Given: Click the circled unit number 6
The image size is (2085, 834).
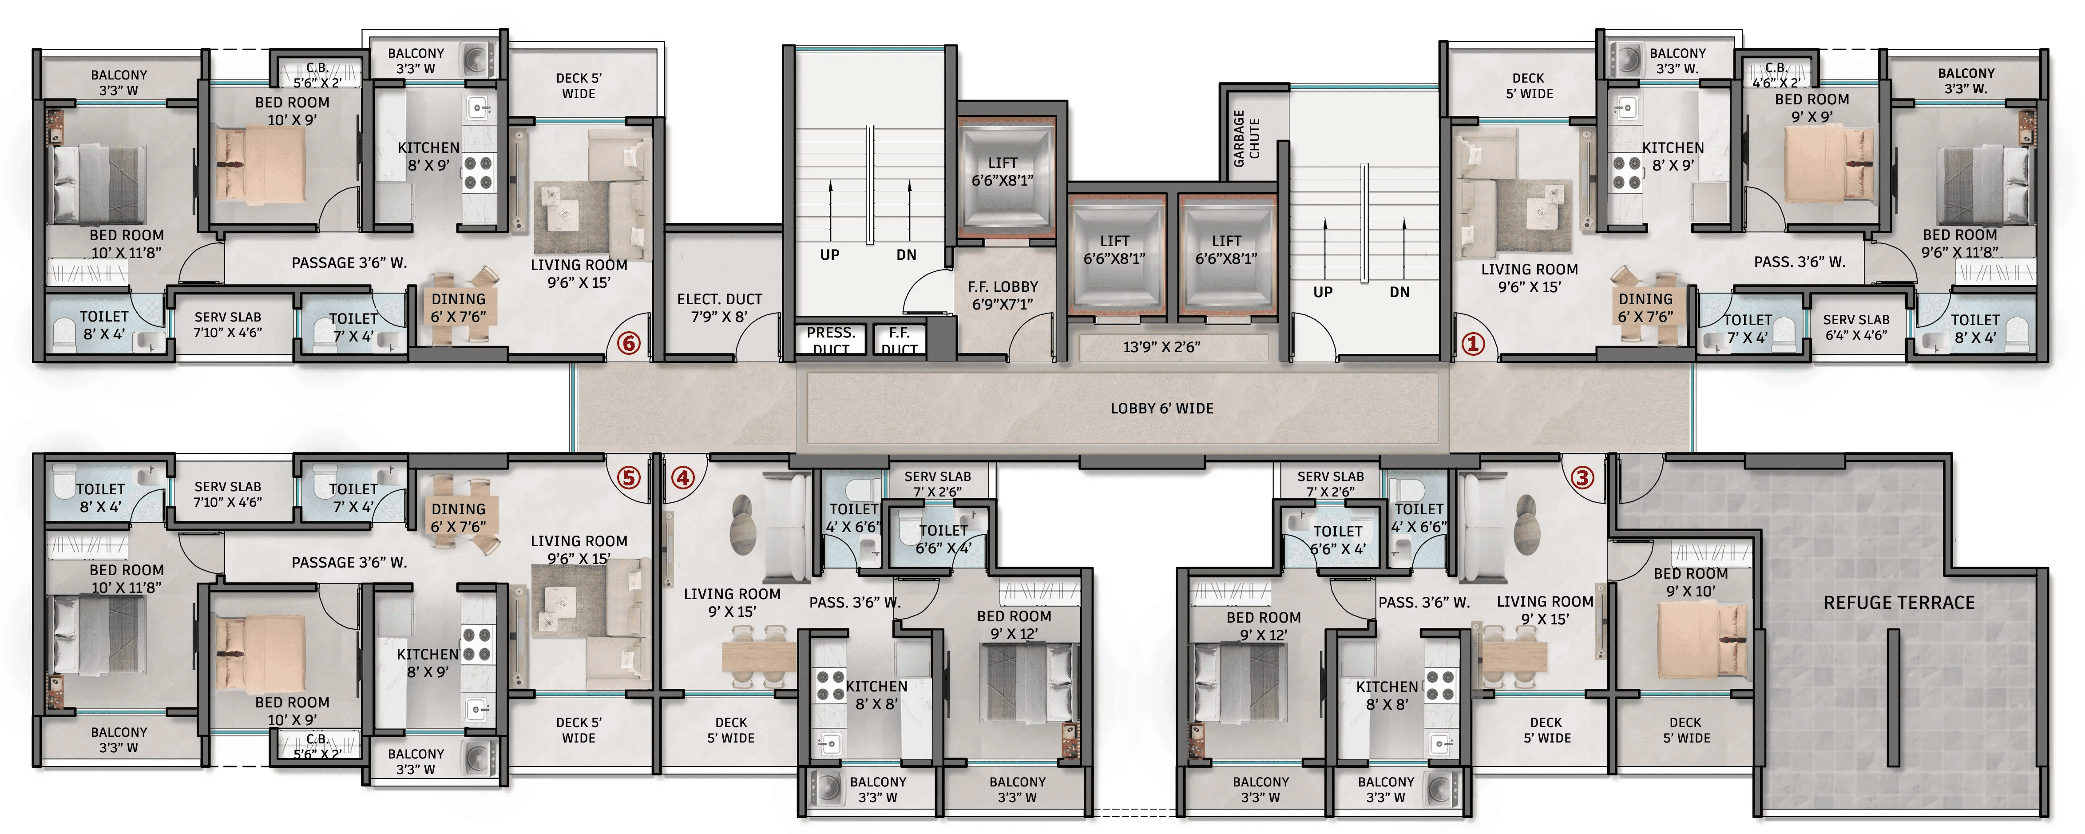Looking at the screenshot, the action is click(x=629, y=343).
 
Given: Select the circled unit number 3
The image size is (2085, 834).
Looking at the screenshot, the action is click(x=1582, y=478).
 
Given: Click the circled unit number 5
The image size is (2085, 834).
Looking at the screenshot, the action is click(x=629, y=478).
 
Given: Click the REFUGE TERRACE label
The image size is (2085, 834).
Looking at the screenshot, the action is click(x=1899, y=603).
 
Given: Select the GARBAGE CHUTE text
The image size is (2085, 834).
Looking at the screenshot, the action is click(x=1246, y=139).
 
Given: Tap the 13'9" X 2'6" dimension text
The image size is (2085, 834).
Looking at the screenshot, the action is click(x=1161, y=346).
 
